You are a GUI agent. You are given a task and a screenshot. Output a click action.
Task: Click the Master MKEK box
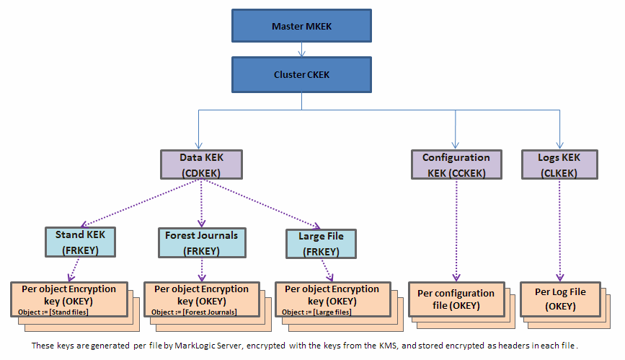[302, 26]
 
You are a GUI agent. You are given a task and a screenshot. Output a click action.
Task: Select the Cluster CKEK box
[302, 74]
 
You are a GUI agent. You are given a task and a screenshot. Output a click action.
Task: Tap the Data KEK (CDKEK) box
[201, 164]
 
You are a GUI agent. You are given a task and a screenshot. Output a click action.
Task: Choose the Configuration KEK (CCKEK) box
[456, 164]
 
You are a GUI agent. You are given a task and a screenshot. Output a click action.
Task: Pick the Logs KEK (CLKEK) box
[559, 164]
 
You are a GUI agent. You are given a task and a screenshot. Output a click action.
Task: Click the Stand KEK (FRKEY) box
[80, 242]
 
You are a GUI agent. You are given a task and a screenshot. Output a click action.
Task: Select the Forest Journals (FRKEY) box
[202, 242]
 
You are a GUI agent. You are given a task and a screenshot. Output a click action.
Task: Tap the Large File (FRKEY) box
[321, 244]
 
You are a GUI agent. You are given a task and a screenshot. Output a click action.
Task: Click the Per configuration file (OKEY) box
[456, 299]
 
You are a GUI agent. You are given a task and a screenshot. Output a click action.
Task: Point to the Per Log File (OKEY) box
[560, 299]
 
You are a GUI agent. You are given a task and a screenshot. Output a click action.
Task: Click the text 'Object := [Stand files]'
[53, 312]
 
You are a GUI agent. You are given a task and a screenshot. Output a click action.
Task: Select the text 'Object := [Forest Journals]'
[194, 312]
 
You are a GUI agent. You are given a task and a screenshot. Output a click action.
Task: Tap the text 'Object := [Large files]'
[316, 312]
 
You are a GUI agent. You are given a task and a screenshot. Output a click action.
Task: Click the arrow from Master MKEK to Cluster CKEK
[302, 50]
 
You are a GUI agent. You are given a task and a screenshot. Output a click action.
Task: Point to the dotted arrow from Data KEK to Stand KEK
[140, 203]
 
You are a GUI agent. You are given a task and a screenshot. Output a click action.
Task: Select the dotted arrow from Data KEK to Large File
[262, 204]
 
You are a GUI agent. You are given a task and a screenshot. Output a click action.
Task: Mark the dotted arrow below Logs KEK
[559, 230]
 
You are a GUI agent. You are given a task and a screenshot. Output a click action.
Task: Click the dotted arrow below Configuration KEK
[456, 230]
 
